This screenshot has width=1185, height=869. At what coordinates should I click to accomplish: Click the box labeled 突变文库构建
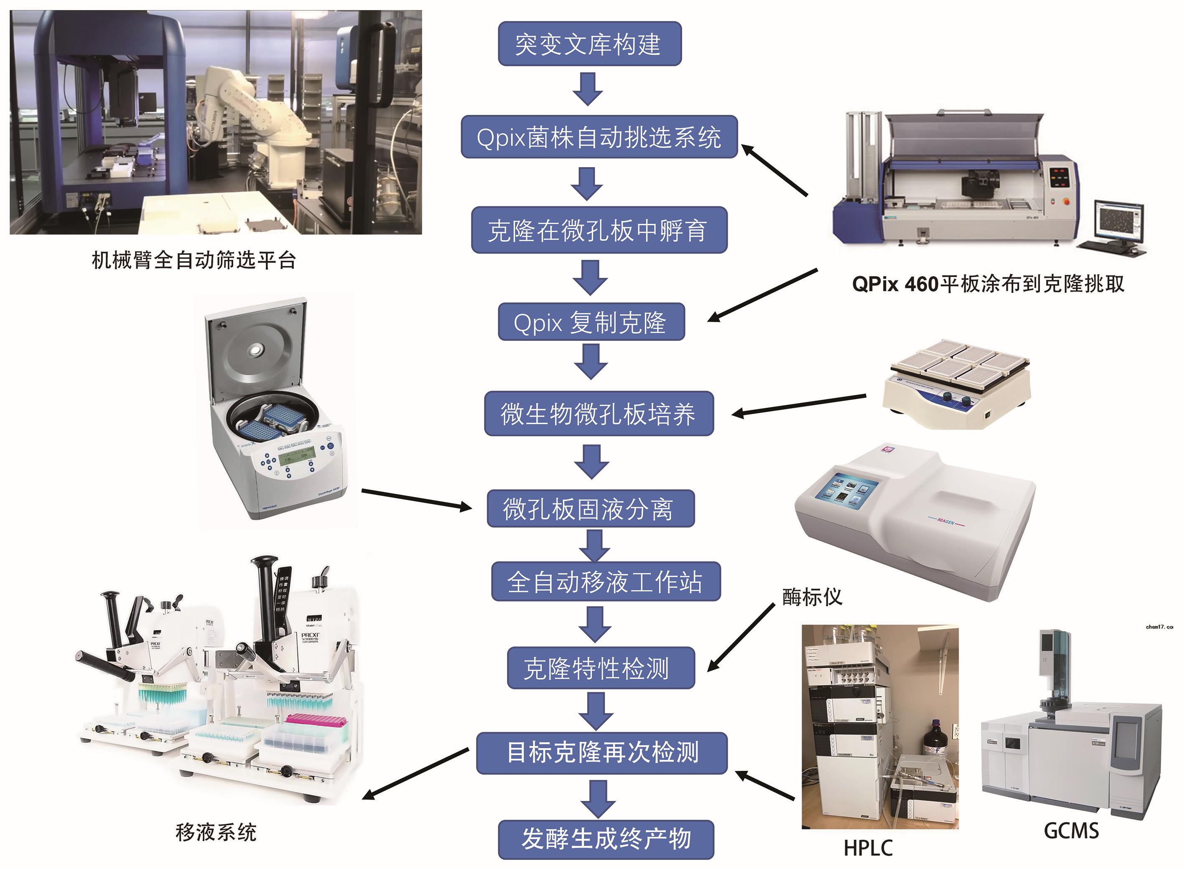coord(589,44)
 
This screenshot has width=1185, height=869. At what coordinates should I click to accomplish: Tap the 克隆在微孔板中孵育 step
coord(599,230)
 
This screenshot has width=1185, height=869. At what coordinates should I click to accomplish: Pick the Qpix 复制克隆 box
coord(591,322)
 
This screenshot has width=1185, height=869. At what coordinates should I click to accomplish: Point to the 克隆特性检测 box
coord(600,668)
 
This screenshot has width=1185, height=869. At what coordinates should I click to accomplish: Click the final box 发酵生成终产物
coord(606,839)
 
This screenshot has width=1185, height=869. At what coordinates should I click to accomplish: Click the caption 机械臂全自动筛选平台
coord(194,260)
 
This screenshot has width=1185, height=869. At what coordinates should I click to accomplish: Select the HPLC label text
coord(868,848)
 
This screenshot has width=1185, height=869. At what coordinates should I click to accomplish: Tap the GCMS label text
coord(1071,831)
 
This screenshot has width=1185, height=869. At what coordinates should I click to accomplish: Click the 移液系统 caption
coord(216,832)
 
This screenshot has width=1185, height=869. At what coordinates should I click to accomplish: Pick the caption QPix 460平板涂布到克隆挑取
coord(988,284)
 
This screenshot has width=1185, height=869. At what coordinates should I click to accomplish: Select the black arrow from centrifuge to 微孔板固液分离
coord(417,499)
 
